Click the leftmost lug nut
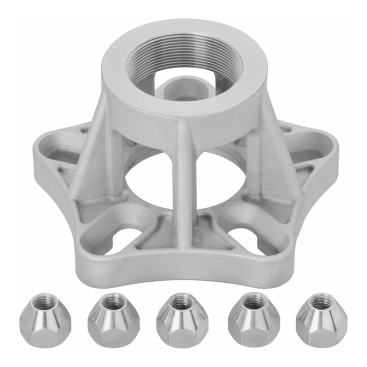pyautogui.click(x=39, y=321)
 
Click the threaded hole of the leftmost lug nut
pyautogui.click(x=40, y=301)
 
